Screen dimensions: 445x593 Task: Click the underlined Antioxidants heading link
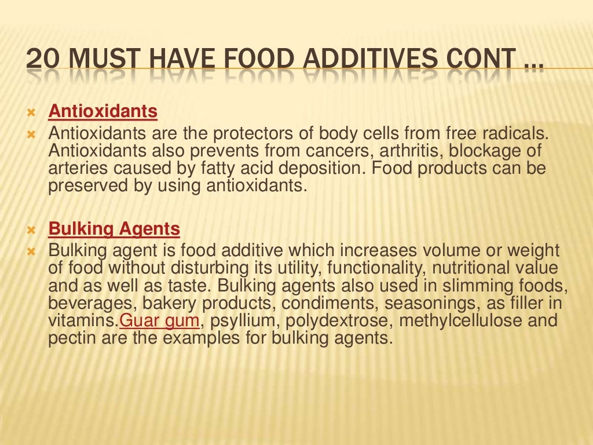click(x=103, y=111)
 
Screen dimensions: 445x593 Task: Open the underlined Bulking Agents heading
click(x=114, y=229)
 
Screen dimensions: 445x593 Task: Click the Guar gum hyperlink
click(x=159, y=321)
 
